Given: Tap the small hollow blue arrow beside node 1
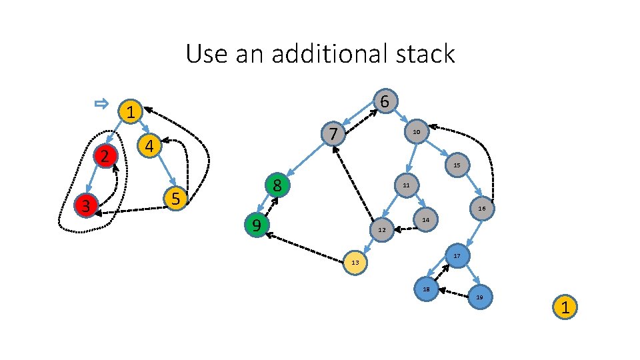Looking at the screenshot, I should (x=101, y=103).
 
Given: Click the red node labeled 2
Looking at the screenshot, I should (x=105, y=156).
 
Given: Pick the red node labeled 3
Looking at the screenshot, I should (x=86, y=205).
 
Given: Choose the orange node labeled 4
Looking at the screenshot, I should (x=150, y=145).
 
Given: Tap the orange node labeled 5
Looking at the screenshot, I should (x=175, y=198).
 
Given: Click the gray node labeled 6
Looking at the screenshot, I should (x=385, y=101).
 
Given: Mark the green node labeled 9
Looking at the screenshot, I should (x=256, y=225).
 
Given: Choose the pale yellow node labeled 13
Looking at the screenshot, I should (x=355, y=262).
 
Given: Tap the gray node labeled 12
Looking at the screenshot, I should (x=381, y=229).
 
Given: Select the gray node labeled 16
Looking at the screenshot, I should (x=482, y=209).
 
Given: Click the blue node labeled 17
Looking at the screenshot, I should (x=457, y=256).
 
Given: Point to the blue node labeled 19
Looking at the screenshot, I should (x=480, y=297).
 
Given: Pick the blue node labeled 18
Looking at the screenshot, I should (x=426, y=289).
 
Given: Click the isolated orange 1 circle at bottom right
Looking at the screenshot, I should (x=565, y=308).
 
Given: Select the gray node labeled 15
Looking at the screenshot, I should (x=456, y=164).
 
